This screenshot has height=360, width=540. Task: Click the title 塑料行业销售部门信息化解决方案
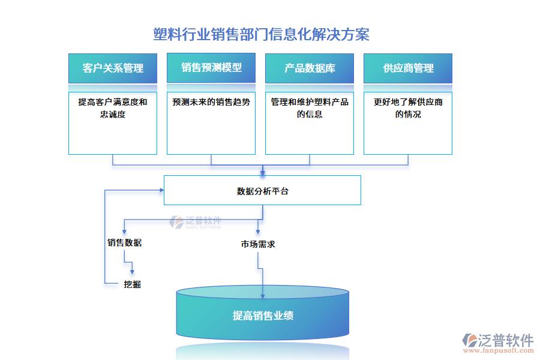pyautogui.click(x=262, y=34)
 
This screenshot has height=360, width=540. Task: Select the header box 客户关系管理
pyautogui.click(x=113, y=68)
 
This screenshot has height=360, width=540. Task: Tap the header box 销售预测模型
pyautogui.click(x=211, y=68)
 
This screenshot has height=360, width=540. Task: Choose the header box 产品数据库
pyautogui.click(x=310, y=68)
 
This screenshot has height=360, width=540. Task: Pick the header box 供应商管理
pyautogui.click(x=408, y=68)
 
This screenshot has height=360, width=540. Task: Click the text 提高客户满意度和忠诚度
pyautogui.click(x=113, y=108)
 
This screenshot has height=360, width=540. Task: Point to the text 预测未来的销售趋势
pyautogui.click(x=211, y=102)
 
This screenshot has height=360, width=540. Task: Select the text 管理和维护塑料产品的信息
pyautogui.click(x=310, y=108)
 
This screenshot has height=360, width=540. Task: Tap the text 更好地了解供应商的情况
pyautogui.click(x=408, y=108)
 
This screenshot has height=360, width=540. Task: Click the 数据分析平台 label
pyautogui.click(x=262, y=191)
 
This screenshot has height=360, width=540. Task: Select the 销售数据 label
pyautogui.click(x=124, y=243)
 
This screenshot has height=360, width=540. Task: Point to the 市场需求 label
pyautogui.click(x=258, y=244)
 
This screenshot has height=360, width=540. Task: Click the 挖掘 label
pyautogui.click(x=132, y=284)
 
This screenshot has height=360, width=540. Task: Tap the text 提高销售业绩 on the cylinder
pyautogui.click(x=263, y=316)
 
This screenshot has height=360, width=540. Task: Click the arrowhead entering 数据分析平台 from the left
pyautogui.click(x=161, y=190)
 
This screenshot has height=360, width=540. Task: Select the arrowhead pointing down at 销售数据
pyautogui.click(x=124, y=232)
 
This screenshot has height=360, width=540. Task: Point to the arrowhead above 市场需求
pyautogui.click(x=258, y=232)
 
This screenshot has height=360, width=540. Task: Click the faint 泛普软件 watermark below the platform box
pyautogui.click(x=196, y=222)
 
